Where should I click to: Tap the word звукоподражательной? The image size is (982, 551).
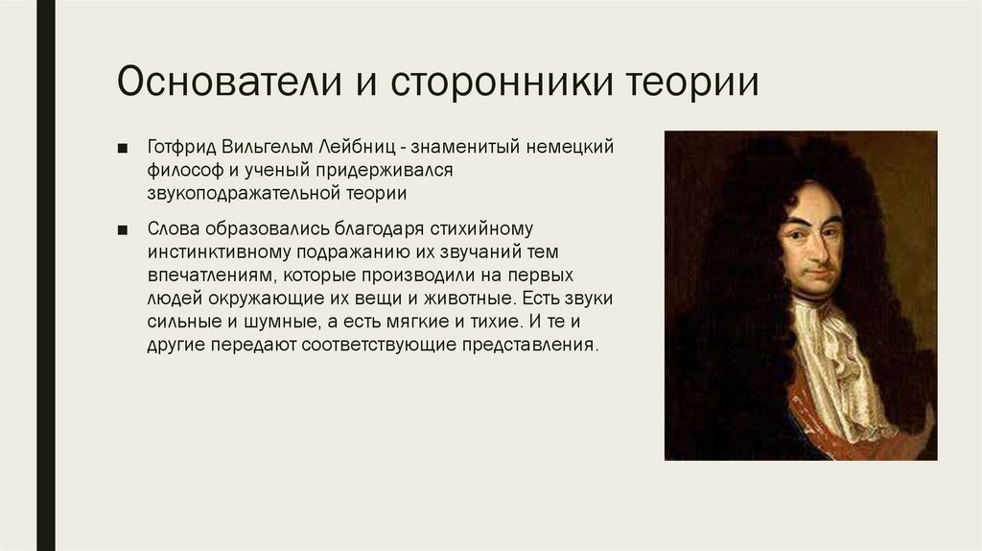241,192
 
